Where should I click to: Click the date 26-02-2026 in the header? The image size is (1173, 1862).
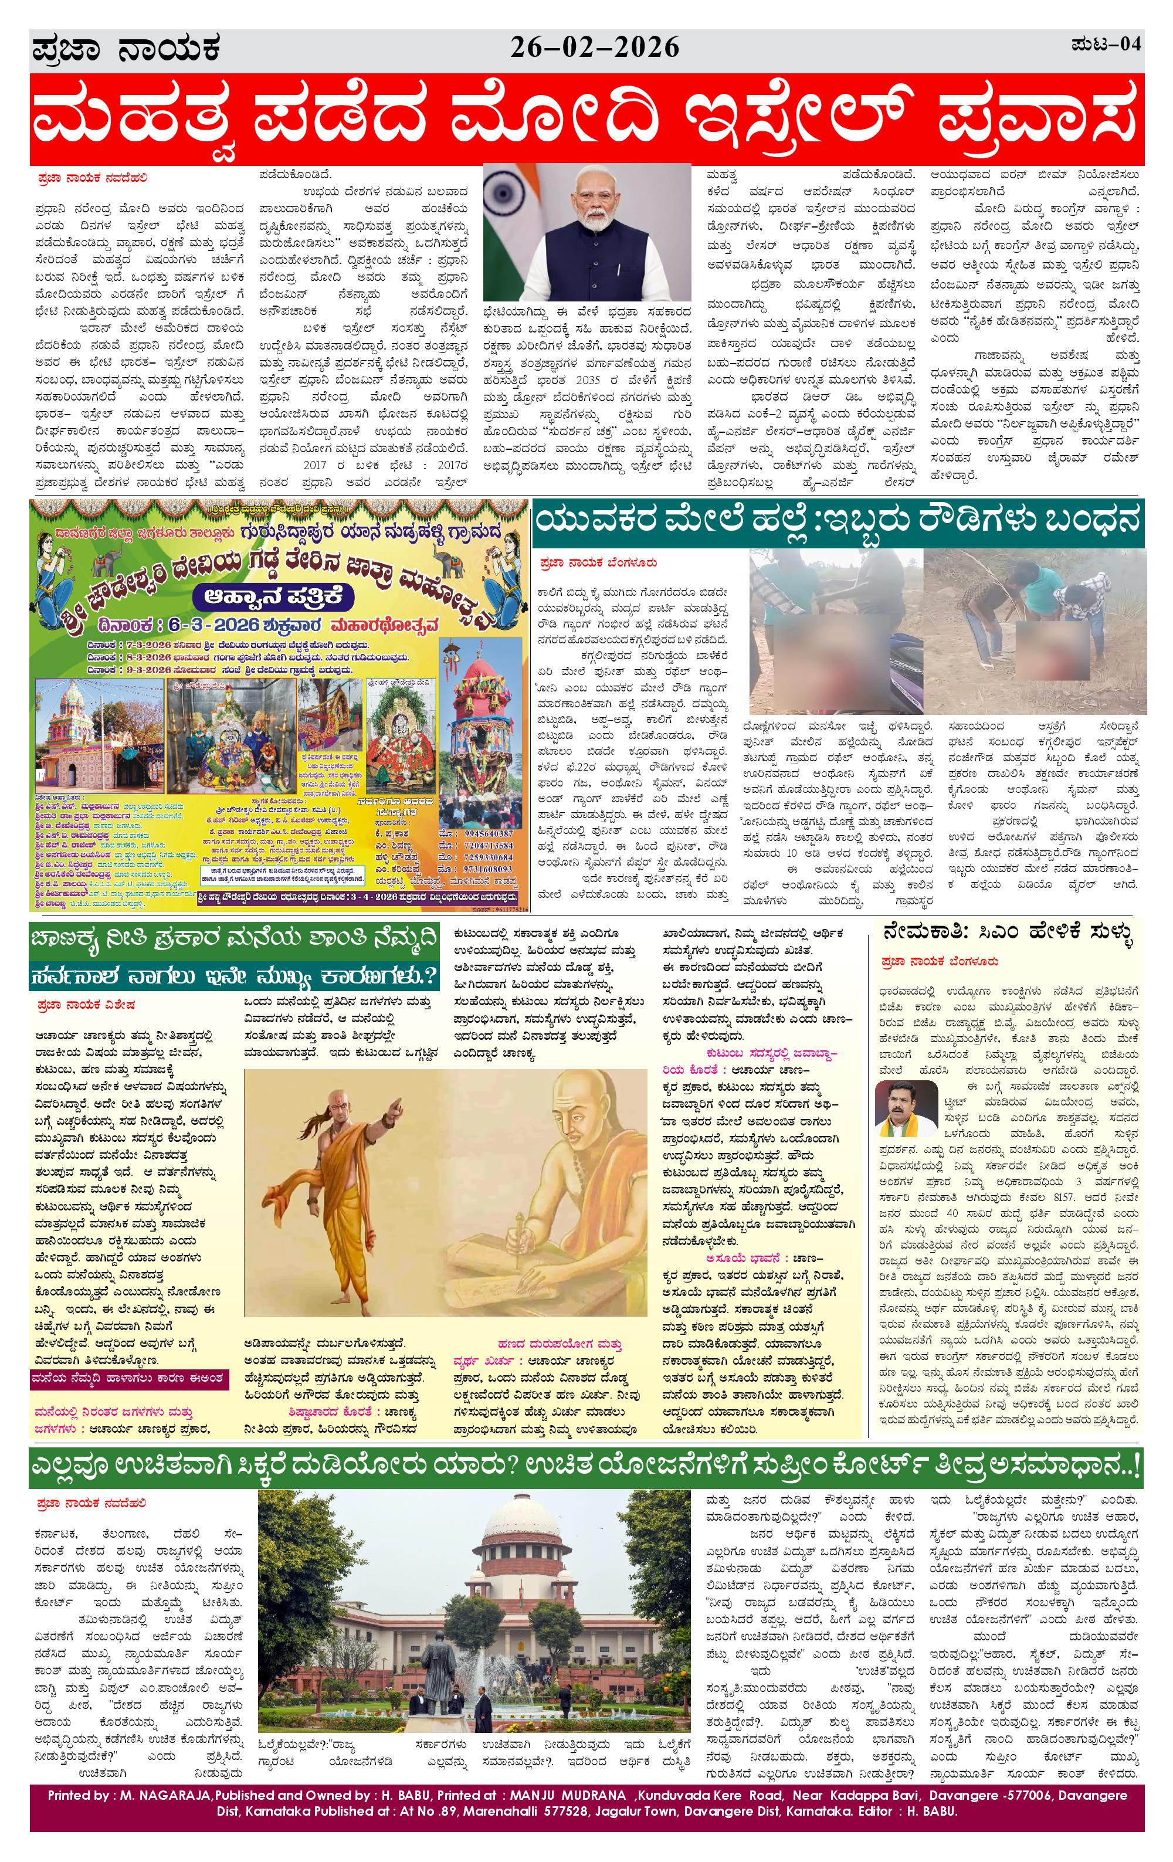pos(594,49)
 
